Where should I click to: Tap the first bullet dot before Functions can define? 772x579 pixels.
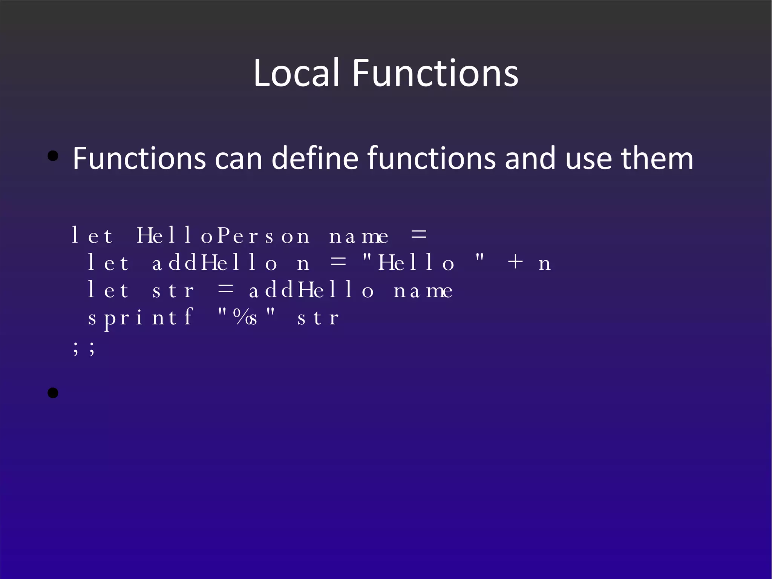click(53, 156)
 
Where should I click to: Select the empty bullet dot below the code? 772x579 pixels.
click(53, 393)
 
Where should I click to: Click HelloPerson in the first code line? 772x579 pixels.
click(223, 236)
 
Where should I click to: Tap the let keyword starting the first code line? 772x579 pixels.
click(92, 236)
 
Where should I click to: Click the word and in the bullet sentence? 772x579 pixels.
click(530, 158)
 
